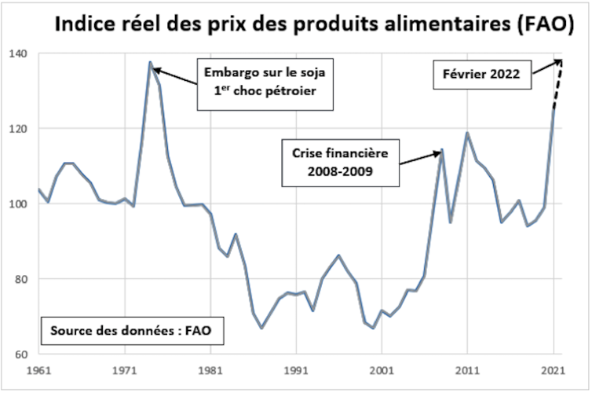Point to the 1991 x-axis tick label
click(296, 369)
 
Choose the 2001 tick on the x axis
click(382, 369)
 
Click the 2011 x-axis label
click(468, 369)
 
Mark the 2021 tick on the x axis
click(554, 369)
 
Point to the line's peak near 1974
click(150, 62)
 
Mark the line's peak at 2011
click(468, 133)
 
